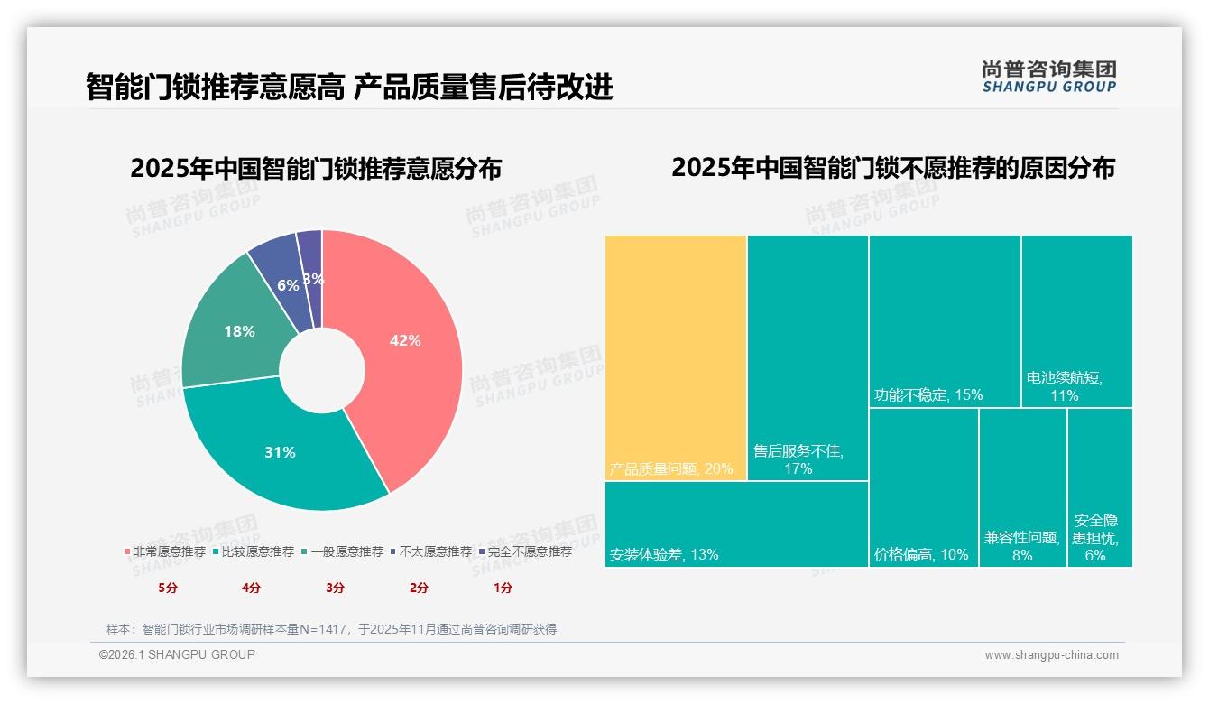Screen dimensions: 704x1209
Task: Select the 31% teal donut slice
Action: click(280, 451)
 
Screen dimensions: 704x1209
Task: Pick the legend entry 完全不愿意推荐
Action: click(529, 551)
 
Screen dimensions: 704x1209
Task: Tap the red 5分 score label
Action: click(168, 588)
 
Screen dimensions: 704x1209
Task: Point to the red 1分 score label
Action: click(503, 588)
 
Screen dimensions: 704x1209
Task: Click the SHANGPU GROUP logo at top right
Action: click(1048, 77)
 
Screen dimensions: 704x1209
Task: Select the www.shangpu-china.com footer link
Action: click(1051, 655)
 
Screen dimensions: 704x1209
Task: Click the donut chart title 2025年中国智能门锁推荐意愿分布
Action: click(316, 169)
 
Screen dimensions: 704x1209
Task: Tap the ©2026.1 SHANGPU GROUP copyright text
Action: click(177, 654)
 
